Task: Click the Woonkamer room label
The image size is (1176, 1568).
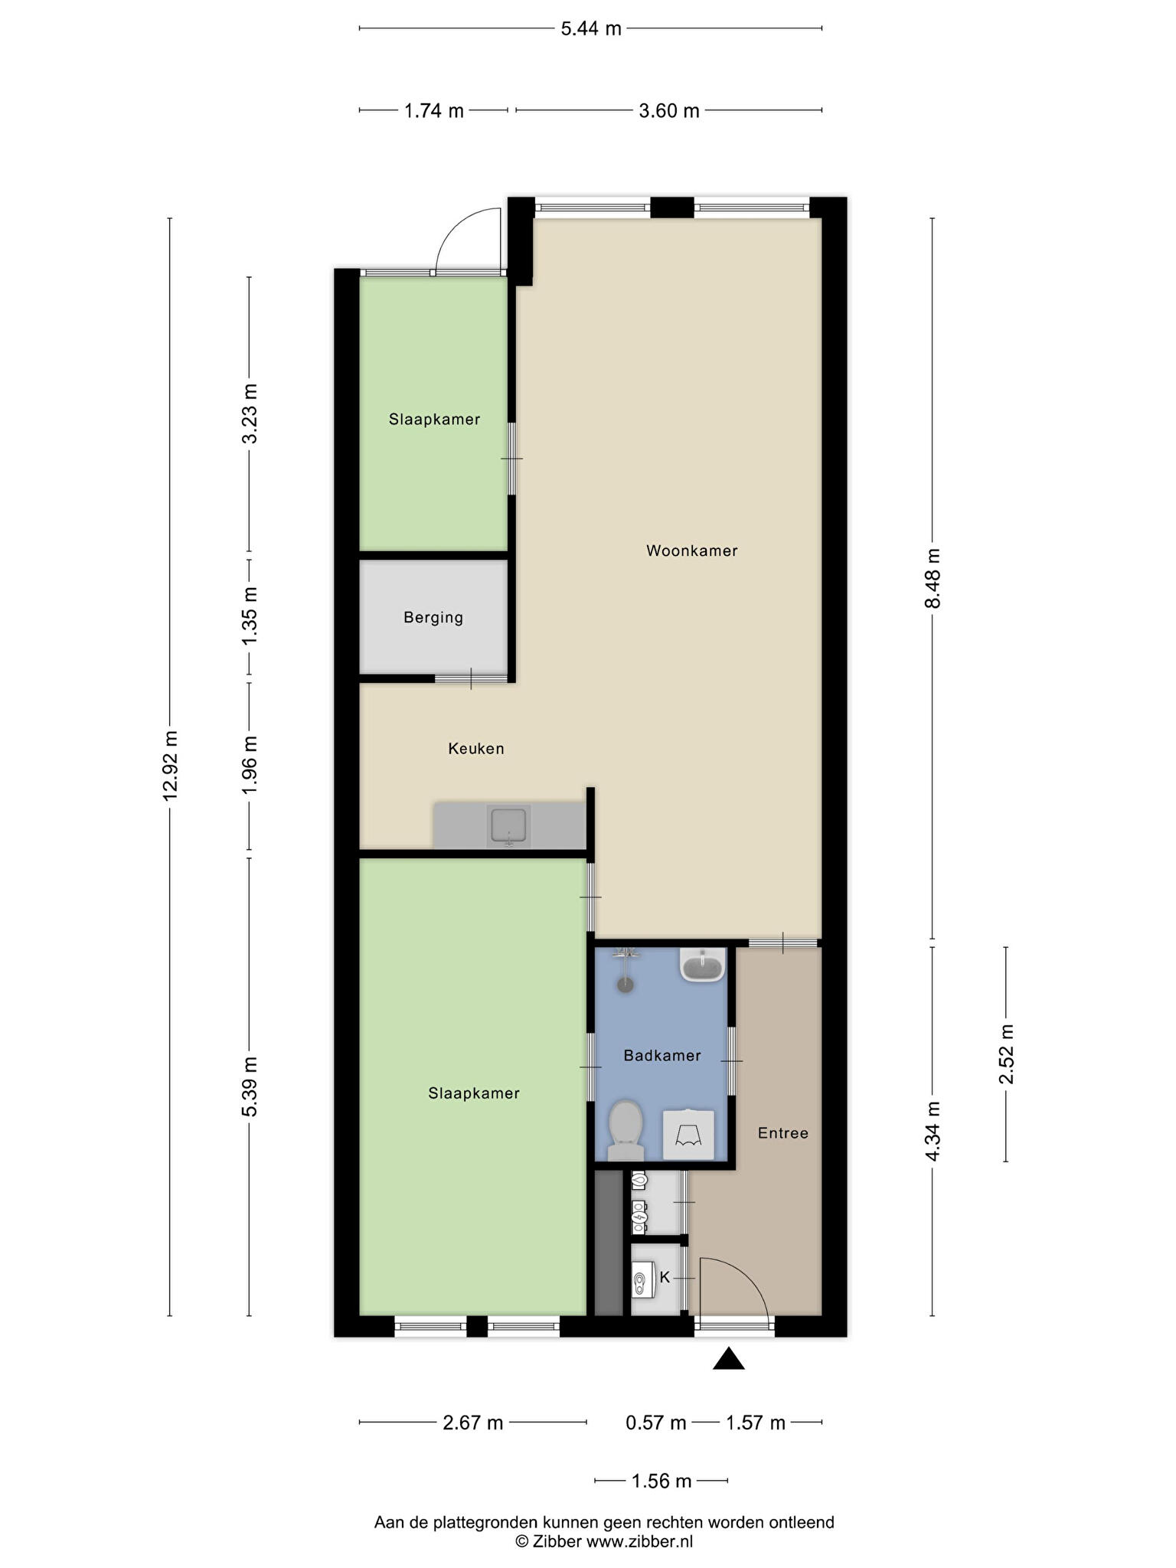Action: (x=691, y=550)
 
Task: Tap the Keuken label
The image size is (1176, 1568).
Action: (x=476, y=749)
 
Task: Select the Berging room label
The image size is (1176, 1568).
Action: (x=433, y=618)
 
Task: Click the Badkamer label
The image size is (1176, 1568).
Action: (x=662, y=1056)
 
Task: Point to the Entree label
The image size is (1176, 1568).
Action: (x=783, y=1133)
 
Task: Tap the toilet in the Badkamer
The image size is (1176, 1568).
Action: (x=625, y=1130)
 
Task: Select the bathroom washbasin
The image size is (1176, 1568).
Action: (x=703, y=965)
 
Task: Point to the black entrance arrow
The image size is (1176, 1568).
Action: (x=729, y=1358)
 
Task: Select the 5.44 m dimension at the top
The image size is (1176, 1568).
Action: (x=591, y=29)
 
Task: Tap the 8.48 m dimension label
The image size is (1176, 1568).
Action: (x=933, y=579)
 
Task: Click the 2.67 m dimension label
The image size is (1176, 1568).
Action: (x=473, y=1423)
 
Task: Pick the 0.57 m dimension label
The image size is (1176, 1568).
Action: (x=656, y=1423)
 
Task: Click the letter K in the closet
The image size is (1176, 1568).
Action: (x=665, y=1277)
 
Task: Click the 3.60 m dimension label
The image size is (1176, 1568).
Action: (x=669, y=111)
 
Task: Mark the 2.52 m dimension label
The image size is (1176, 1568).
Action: (x=1006, y=1054)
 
